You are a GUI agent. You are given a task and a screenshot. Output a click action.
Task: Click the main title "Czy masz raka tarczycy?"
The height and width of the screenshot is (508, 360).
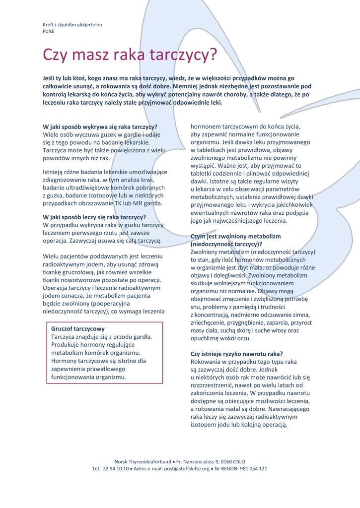tap(130, 55)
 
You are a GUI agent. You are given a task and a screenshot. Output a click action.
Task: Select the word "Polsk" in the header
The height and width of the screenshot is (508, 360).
tap(49, 31)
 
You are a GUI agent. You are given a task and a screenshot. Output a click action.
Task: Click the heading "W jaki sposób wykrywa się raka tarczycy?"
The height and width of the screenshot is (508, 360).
tap(100, 127)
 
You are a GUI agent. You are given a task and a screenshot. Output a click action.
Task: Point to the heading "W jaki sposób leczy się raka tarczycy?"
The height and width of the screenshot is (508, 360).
tap(94, 217)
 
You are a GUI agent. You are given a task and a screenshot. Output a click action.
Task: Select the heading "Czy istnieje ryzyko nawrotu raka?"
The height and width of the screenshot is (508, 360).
tap(237, 354)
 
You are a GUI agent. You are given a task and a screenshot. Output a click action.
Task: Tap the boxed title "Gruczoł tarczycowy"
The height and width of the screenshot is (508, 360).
tap(78, 328)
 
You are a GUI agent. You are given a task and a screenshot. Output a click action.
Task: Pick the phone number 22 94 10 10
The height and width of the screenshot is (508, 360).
tap(118, 468)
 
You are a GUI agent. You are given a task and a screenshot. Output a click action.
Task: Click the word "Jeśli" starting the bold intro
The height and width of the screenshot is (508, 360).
tap(50, 78)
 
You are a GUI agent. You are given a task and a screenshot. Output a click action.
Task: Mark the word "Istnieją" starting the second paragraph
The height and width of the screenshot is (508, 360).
tap(53, 172)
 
